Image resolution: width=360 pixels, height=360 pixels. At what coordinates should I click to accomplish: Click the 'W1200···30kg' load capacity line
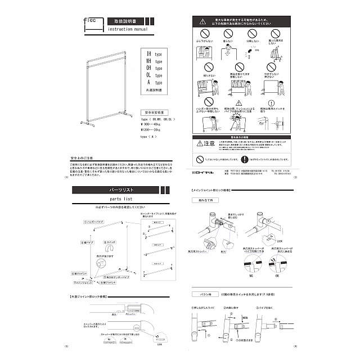click(x=152, y=130)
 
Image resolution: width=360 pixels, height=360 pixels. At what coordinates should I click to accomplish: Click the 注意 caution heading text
click(x=208, y=143)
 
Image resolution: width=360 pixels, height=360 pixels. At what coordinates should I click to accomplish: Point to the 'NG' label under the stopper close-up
click(x=250, y=277)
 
